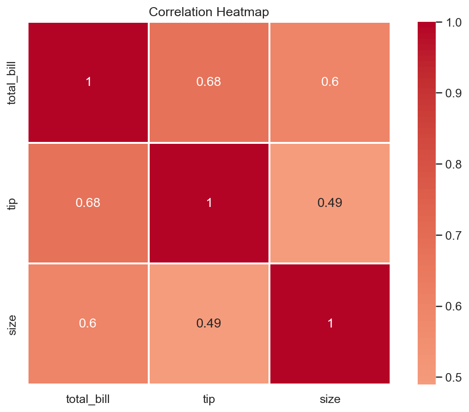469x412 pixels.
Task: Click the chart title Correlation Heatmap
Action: pos(209,12)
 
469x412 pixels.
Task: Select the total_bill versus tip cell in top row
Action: pos(209,82)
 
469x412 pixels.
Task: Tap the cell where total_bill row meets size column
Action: pos(330,82)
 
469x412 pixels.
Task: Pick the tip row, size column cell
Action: pos(330,203)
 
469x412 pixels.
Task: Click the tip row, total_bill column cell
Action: pos(88,203)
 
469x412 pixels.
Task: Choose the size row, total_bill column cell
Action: pos(88,324)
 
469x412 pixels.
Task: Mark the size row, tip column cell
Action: pos(209,324)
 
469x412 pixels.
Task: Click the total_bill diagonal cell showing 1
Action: pos(88,82)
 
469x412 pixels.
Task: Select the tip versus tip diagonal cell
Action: pos(209,203)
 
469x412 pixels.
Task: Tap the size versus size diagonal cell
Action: pos(330,324)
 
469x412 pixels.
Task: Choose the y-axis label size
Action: pos(12,325)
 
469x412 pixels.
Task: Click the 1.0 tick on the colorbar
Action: pos(453,22)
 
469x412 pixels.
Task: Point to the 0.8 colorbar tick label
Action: pos(453,164)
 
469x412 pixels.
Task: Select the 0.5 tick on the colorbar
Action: pos(453,377)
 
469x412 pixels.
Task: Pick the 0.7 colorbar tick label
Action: pos(453,235)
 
